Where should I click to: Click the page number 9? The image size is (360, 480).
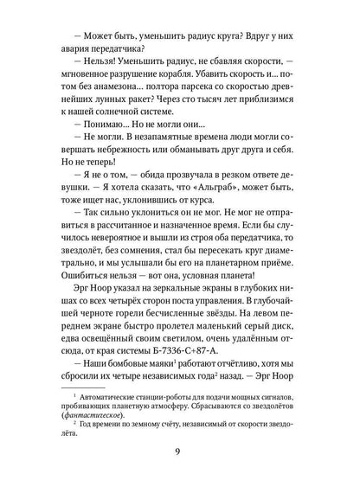click(180, 449)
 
